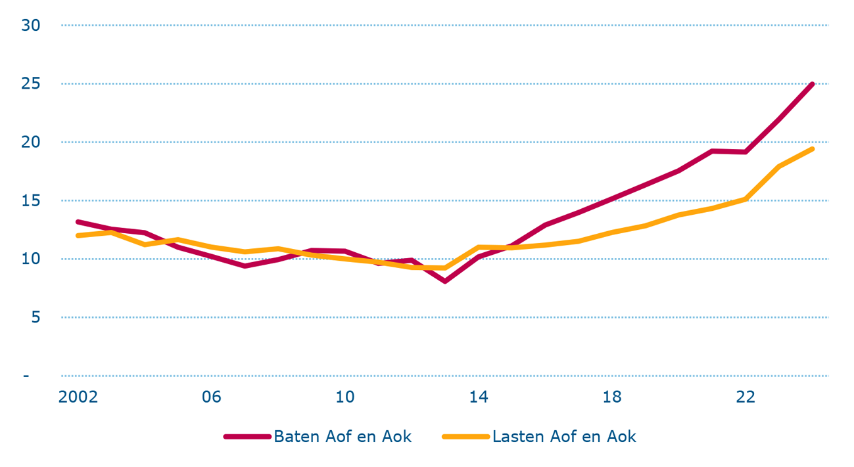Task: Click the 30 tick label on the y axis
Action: click(x=31, y=26)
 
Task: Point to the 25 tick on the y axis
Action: click(x=31, y=84)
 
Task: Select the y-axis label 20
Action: click(x=31, y=143)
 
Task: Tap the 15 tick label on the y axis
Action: click(x=31, y=201)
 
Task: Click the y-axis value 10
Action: click(x=31, y=259)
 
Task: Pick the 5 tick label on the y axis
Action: click(x=35, y=317)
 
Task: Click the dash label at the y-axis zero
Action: click(x=26, y=376)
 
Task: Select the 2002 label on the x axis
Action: click(x=78, y=397)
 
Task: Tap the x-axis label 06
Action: click(x=212, y=397)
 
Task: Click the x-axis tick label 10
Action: click(x=345, y=397)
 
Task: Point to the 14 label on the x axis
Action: click(x=479, y=397)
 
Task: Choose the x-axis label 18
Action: click(x=612, y=397)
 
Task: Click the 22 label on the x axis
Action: click(x=746, y=397)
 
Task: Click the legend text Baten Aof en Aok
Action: click(x=343, y=437)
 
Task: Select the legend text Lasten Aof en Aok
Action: click(x=564, y=437)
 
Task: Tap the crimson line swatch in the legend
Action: click(x=247, y=437)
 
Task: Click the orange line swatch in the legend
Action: click(x=466, y=437)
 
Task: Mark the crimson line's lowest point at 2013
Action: click(x=445, y=281)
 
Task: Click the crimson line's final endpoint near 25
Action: click(x=813, y=84)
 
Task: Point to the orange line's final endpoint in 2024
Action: click(x=813, y=149)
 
